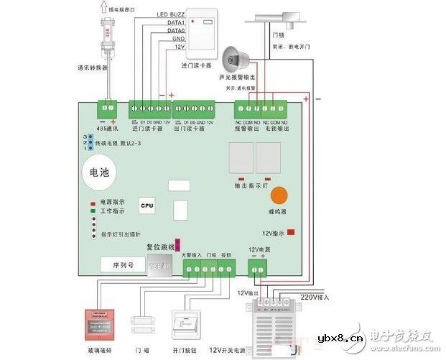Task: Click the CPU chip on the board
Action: click(x=147, y=206)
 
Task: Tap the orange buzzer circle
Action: click(x=279, y=196)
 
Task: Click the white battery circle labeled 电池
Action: click(x=98, y=173)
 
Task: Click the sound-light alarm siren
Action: click(x=233, y=57)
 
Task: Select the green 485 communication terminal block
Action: click(x=107, y=109)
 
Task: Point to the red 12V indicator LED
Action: click(x=291, y=233)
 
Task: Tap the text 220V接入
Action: click(x=313, y=296)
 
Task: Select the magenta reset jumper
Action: click(x=178, y=246)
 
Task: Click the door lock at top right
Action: click(x=285, y=17)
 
